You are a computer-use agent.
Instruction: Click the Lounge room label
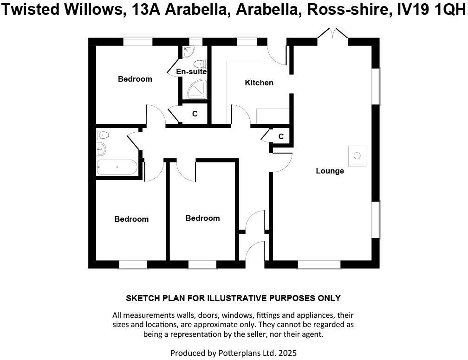[330, 171]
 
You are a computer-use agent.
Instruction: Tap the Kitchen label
[259, 83]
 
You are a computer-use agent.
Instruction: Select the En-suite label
[191, 72]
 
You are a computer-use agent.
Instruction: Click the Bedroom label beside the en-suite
[135, 79]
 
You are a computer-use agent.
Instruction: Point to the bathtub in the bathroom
[117, 167]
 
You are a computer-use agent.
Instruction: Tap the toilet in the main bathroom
[103, 135]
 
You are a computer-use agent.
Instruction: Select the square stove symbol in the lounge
[357, 156]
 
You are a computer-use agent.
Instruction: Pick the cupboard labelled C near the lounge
[281, 136]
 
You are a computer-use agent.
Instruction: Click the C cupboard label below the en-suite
[195, 114]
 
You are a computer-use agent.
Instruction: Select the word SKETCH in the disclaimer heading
[143, 298]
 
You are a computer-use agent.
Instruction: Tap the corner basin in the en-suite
[188, 51]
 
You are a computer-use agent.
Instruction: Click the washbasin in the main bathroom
[101, 149]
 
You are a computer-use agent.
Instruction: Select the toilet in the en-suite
[200, 64]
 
